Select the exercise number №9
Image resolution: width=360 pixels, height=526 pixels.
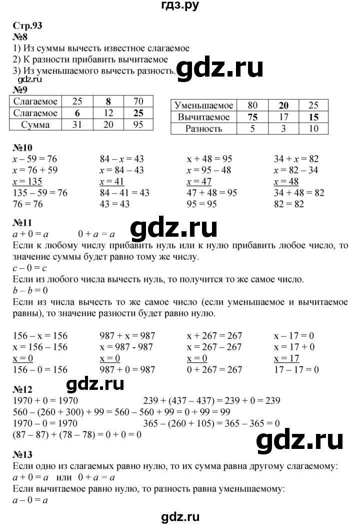17,90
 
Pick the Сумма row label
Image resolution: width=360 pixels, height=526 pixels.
35,125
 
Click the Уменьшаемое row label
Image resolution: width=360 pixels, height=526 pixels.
202,106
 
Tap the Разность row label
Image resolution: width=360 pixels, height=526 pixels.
202,129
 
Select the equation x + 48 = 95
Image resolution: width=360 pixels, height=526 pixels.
209,159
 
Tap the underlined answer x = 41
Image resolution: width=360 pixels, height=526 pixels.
112,181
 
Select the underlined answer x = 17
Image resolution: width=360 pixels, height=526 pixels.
287,359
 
